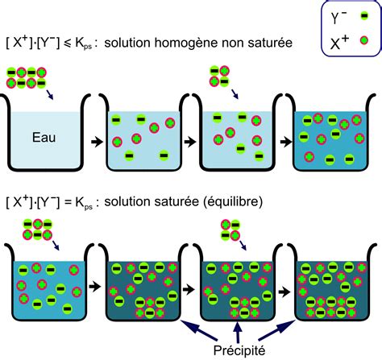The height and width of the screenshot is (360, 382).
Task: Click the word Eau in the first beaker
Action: point(44,138)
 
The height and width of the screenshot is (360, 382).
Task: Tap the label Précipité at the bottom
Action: point(239,350)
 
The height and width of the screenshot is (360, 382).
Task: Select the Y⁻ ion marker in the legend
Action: point(364,16)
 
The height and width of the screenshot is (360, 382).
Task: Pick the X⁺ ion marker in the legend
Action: point(364,40)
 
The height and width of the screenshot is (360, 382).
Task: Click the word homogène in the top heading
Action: point(183,43)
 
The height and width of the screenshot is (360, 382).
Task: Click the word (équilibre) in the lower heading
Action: point(232,202)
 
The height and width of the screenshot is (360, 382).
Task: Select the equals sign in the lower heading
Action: point(68,203)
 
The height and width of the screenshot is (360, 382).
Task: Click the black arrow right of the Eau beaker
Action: point(97,142)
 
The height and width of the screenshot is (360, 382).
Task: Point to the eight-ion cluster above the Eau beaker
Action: point(27,77)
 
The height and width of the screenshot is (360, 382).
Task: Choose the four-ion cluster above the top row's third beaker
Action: point(219,76)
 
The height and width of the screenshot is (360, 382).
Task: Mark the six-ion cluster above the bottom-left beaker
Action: point(38,230)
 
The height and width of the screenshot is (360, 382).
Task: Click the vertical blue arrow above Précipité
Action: point(237,332)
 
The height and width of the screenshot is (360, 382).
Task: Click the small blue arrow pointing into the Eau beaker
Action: point(50,94)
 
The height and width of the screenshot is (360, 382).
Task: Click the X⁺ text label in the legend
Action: point(339,43)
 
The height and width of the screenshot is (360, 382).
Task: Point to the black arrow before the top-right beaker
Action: point(286,142)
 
